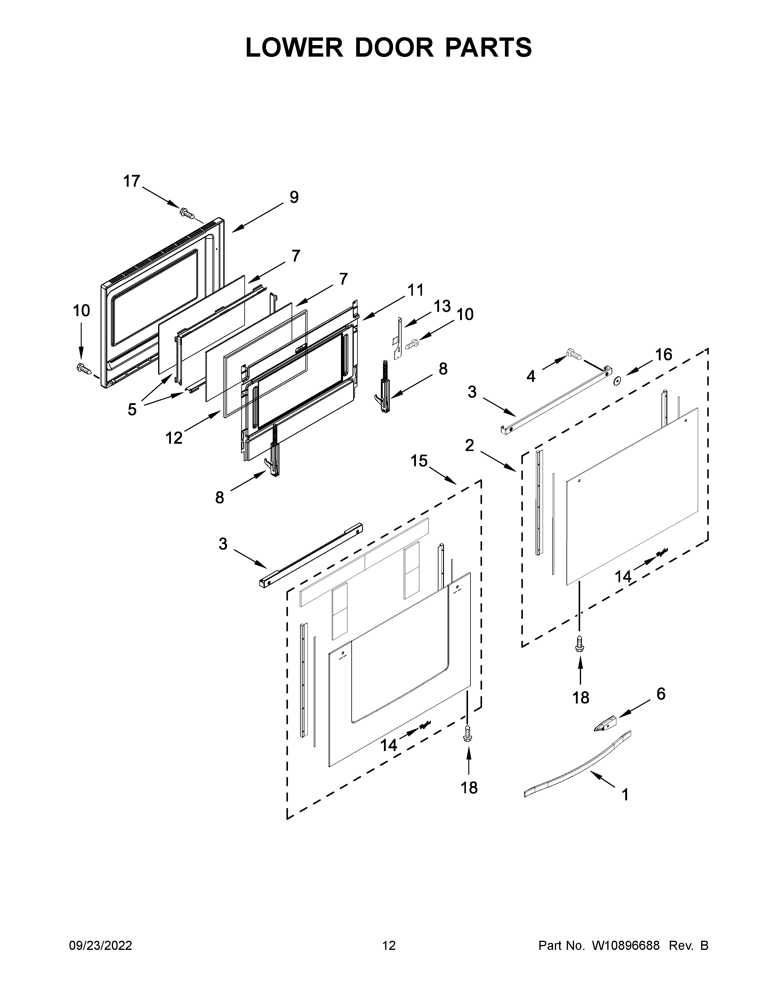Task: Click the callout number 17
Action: [x=131, y=181]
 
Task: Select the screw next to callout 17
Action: [x=187, y=213]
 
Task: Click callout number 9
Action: [x=294, y=197]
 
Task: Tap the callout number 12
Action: [x=174, y=438]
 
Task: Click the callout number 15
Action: [x=419, y=460]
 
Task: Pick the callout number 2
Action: [x=469, y=445]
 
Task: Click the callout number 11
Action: [x=415, y=290]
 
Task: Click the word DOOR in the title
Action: [x=394, y=48]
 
